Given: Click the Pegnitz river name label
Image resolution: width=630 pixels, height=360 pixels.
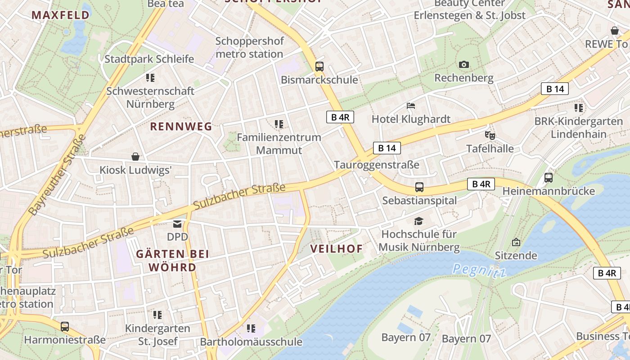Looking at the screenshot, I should (479, 270).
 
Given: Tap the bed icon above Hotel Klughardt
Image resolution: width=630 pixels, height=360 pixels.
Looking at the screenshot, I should (411, 106).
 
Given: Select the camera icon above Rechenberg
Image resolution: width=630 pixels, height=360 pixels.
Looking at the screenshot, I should (464, 65).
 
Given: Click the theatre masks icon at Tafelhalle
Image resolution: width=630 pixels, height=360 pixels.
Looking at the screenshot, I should (490, 135).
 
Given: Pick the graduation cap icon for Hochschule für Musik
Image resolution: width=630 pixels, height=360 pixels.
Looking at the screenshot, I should (419, 221).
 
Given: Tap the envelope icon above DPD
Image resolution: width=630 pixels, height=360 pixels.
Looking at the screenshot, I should (177, 224).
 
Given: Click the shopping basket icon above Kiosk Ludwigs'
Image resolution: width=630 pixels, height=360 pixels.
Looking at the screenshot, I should (135, 157).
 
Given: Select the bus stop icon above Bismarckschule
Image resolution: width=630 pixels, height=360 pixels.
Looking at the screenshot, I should (319, 67).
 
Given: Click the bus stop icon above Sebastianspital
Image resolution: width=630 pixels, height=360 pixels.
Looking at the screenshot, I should (419, 187).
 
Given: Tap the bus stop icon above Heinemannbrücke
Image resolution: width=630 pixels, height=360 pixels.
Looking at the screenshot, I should (549, 178).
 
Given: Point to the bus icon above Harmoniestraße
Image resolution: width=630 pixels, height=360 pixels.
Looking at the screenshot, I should (65, 327).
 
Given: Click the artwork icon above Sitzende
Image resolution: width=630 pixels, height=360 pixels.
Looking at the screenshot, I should (516, 243).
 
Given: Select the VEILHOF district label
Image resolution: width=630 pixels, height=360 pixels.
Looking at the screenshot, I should (337, 249).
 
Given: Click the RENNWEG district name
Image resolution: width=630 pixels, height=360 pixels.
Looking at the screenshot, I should (181, 126).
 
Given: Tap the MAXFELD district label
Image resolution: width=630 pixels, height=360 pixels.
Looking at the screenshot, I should (60, 15).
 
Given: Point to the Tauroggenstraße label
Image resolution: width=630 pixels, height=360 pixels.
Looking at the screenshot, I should (377, 165).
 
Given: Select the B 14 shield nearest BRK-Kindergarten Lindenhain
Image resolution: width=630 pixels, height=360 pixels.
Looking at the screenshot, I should (555, 89).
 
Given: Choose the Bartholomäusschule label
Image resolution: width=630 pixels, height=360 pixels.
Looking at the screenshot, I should (251, 342).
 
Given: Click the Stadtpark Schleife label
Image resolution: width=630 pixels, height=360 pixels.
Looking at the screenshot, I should (149, 59).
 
